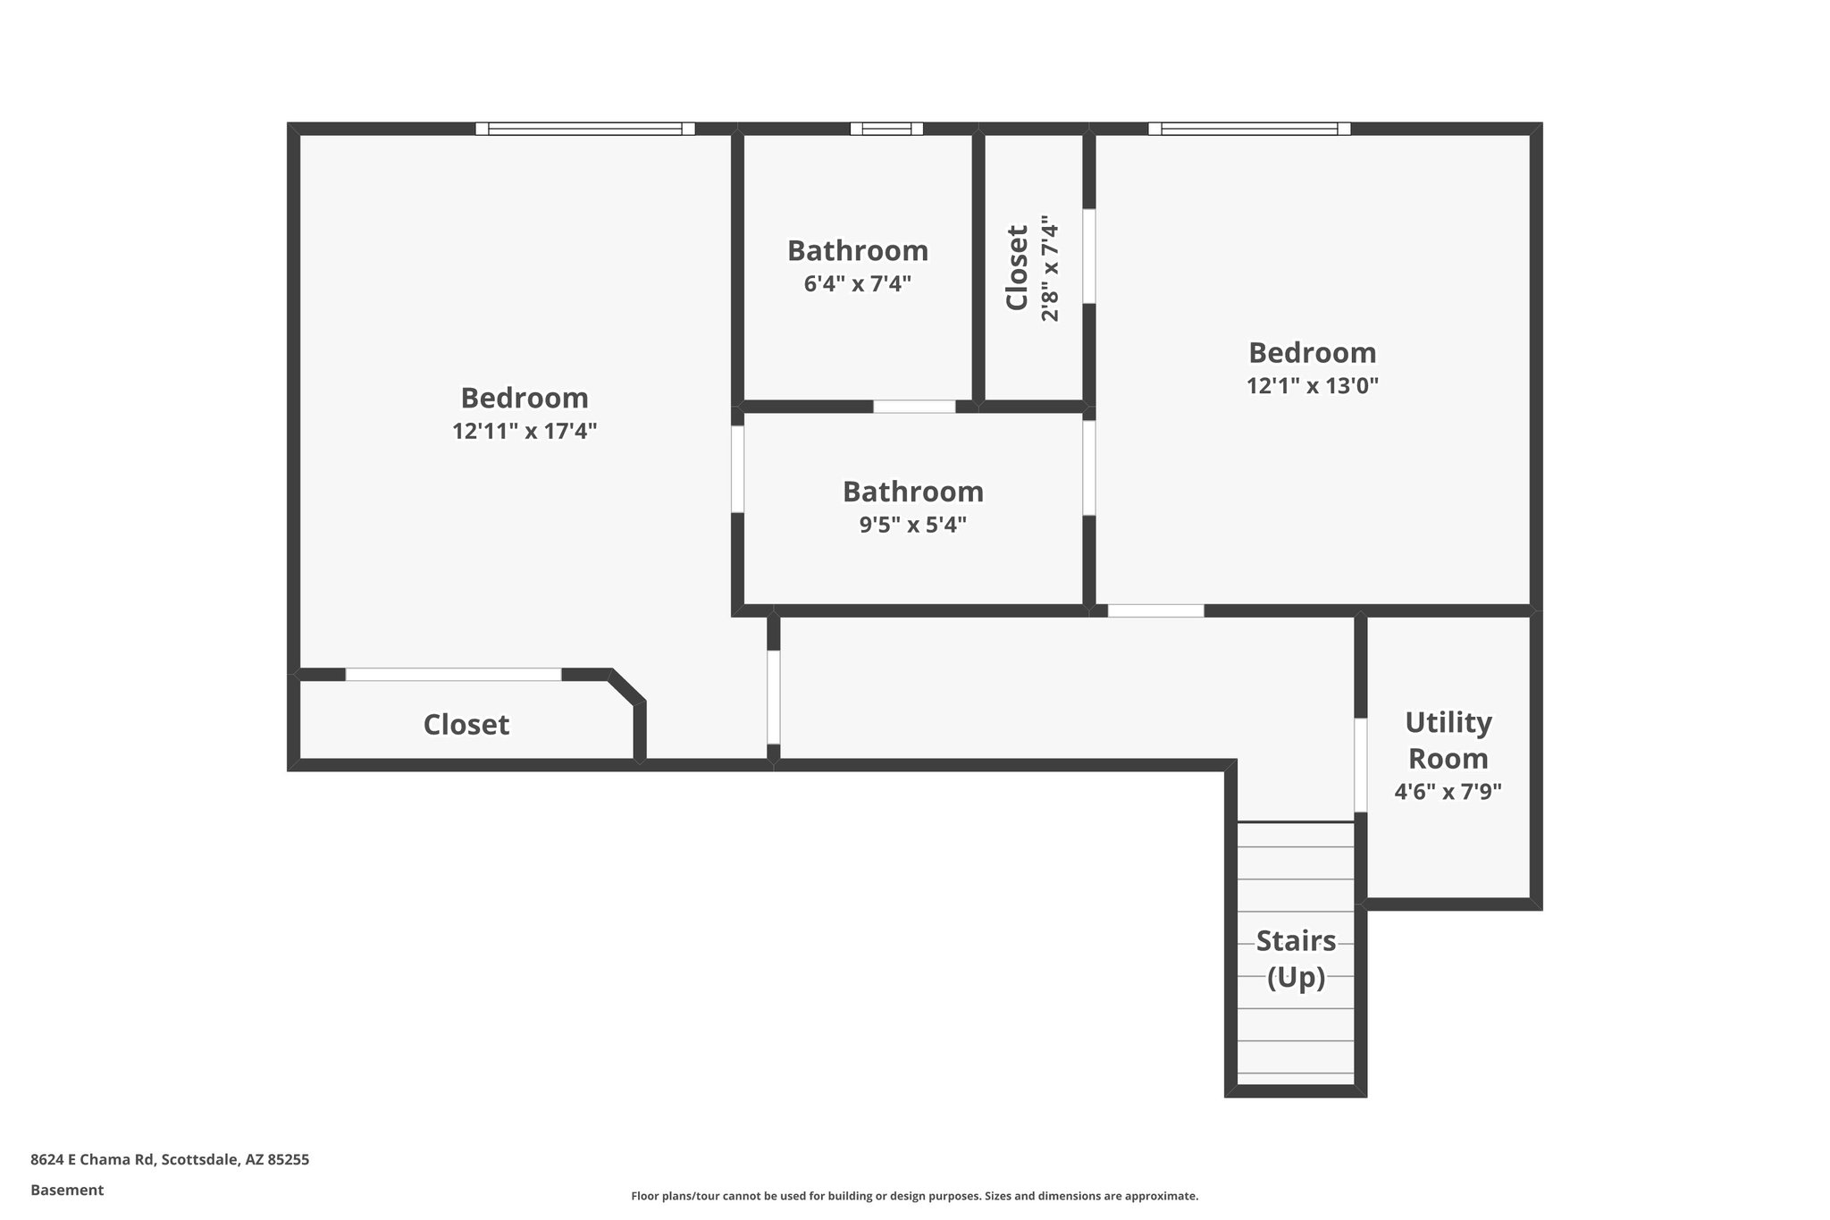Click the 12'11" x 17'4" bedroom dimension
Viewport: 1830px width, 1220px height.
click(x=525, y=432)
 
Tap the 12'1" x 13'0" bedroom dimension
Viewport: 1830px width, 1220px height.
click(x=1313, y=386)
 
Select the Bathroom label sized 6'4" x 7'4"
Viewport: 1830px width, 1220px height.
click(x=858, y=251)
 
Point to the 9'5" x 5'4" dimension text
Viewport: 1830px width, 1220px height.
click(x=913, y=525)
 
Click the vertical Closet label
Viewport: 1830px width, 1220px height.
click(x=1017, y=267)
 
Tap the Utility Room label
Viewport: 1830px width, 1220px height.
click(x=1448, y=740)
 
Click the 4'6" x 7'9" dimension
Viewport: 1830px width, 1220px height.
click(x=1448, y=792)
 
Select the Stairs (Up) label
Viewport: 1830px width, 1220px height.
click(x=1296, y=959)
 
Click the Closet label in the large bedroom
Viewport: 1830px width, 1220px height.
click(x=466, y=725)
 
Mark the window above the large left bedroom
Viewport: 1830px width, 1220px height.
click(x=585, y=129)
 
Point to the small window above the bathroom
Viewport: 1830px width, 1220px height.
click(x=886, y=129)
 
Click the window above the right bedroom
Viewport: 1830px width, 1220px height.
click(x=1249, y=129)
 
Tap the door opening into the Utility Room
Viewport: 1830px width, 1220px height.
click(x=1360, y=765)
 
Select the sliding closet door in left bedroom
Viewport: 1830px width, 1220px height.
click(x=454, y=675)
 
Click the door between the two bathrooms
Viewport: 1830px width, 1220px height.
click(x=914, y=407)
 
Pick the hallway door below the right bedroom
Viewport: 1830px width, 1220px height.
click(x=1155, y=611)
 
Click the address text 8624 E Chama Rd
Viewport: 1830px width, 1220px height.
click(x=170, y=1160)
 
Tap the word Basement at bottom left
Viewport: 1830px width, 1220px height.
click(x=67, y=1191)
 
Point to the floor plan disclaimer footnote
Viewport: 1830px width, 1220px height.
click(x=914, y=1197)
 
